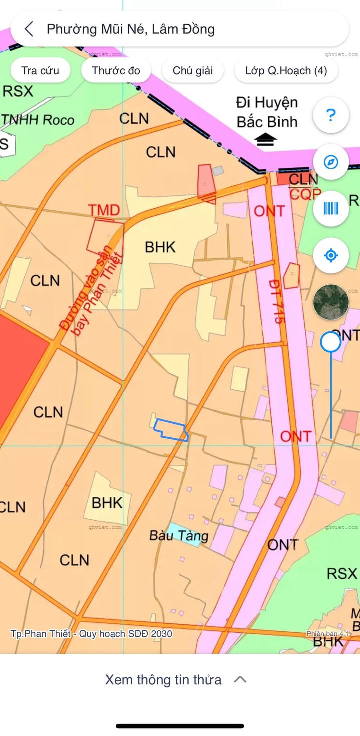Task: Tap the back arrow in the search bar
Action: pos(29,29)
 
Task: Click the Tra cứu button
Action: pos(40,71)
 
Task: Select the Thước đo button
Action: pos(116,71)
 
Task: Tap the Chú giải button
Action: pos(193,71)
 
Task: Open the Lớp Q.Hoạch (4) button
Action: pos(286,71)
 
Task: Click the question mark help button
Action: pos(330,115)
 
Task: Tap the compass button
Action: pos(330,162)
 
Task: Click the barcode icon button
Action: pos(330,208)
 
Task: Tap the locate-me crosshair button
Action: pos(330,255)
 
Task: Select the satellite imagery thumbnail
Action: pos(330,302)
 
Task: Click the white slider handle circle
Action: pos(330,342)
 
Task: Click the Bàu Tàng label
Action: pos(179,536)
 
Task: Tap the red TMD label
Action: pos(104,210)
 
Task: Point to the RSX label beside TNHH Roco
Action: pos(18,91)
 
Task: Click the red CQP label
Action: pos(302,194)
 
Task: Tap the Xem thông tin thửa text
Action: pos(163,679)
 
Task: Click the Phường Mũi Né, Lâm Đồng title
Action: pos(131,29)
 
